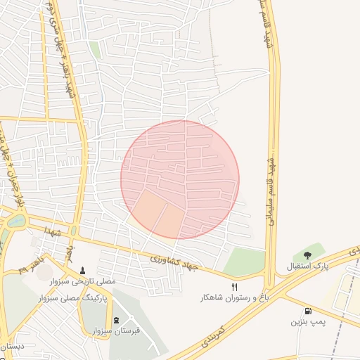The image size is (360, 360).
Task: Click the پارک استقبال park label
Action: coord(307,267)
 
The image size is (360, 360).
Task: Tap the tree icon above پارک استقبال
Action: coord(307,255)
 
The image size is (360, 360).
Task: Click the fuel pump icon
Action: coord(308,311)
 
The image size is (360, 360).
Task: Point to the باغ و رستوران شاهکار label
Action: coord(235,298)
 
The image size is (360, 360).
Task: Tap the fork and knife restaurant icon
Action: coord(235,287)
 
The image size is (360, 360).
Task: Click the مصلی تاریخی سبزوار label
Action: coord(82,281)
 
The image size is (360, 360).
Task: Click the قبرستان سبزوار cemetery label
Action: coord(116,331)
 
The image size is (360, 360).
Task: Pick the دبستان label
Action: coord(13,347)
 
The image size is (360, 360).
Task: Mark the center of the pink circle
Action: coord(180,179)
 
